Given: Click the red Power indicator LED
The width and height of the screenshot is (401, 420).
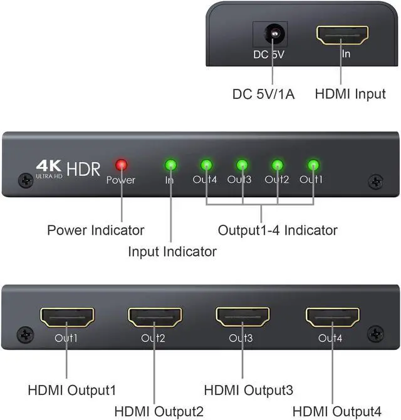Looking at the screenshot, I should pos(121,165).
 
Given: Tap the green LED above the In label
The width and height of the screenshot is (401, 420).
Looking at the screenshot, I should pos(170,166).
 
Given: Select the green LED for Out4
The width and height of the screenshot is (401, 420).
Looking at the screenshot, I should pos(206,166).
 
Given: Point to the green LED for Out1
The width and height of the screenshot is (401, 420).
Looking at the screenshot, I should pos(313,166).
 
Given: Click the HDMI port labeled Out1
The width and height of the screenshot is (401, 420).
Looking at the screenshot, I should pos(66,317).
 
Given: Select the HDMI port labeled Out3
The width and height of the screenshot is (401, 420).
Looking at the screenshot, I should pos(242,317).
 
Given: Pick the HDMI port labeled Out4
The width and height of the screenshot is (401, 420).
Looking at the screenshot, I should pos(333,317).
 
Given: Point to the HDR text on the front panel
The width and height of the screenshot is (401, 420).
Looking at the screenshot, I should pos(84,168).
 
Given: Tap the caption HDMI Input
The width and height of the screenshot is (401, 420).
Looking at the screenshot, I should pos(350,95).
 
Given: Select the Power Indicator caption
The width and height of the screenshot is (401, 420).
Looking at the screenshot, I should pos(96,230).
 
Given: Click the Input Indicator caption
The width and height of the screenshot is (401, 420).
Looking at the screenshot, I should pos(172,252).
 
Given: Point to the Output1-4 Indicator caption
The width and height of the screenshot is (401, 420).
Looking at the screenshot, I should pos(278,230).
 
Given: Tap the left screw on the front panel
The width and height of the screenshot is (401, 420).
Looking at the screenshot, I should pos(26,180).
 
